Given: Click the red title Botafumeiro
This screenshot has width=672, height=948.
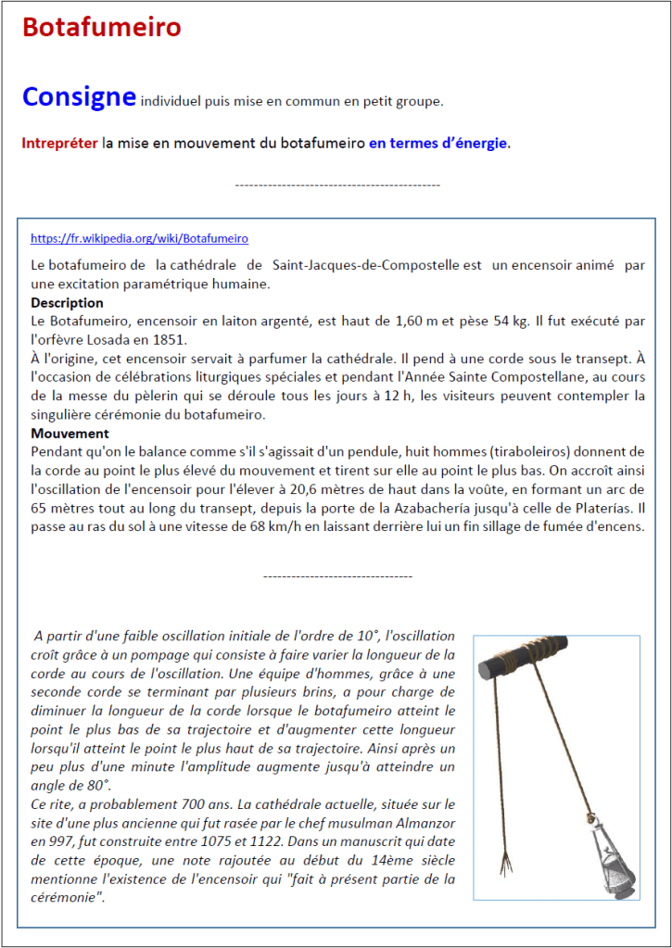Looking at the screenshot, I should tap(101, 28).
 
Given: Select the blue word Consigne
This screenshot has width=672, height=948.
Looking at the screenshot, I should tap(79, 96).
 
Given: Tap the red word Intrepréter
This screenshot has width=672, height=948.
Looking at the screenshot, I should tap(60, 144).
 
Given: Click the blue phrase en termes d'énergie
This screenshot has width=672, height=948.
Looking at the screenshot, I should tap(438, 144).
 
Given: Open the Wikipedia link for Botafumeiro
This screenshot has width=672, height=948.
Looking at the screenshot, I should tap(139, 238).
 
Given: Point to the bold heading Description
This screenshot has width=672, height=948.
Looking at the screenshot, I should tap(67, 303).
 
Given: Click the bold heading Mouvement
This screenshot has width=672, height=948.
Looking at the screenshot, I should tap(70, 434).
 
